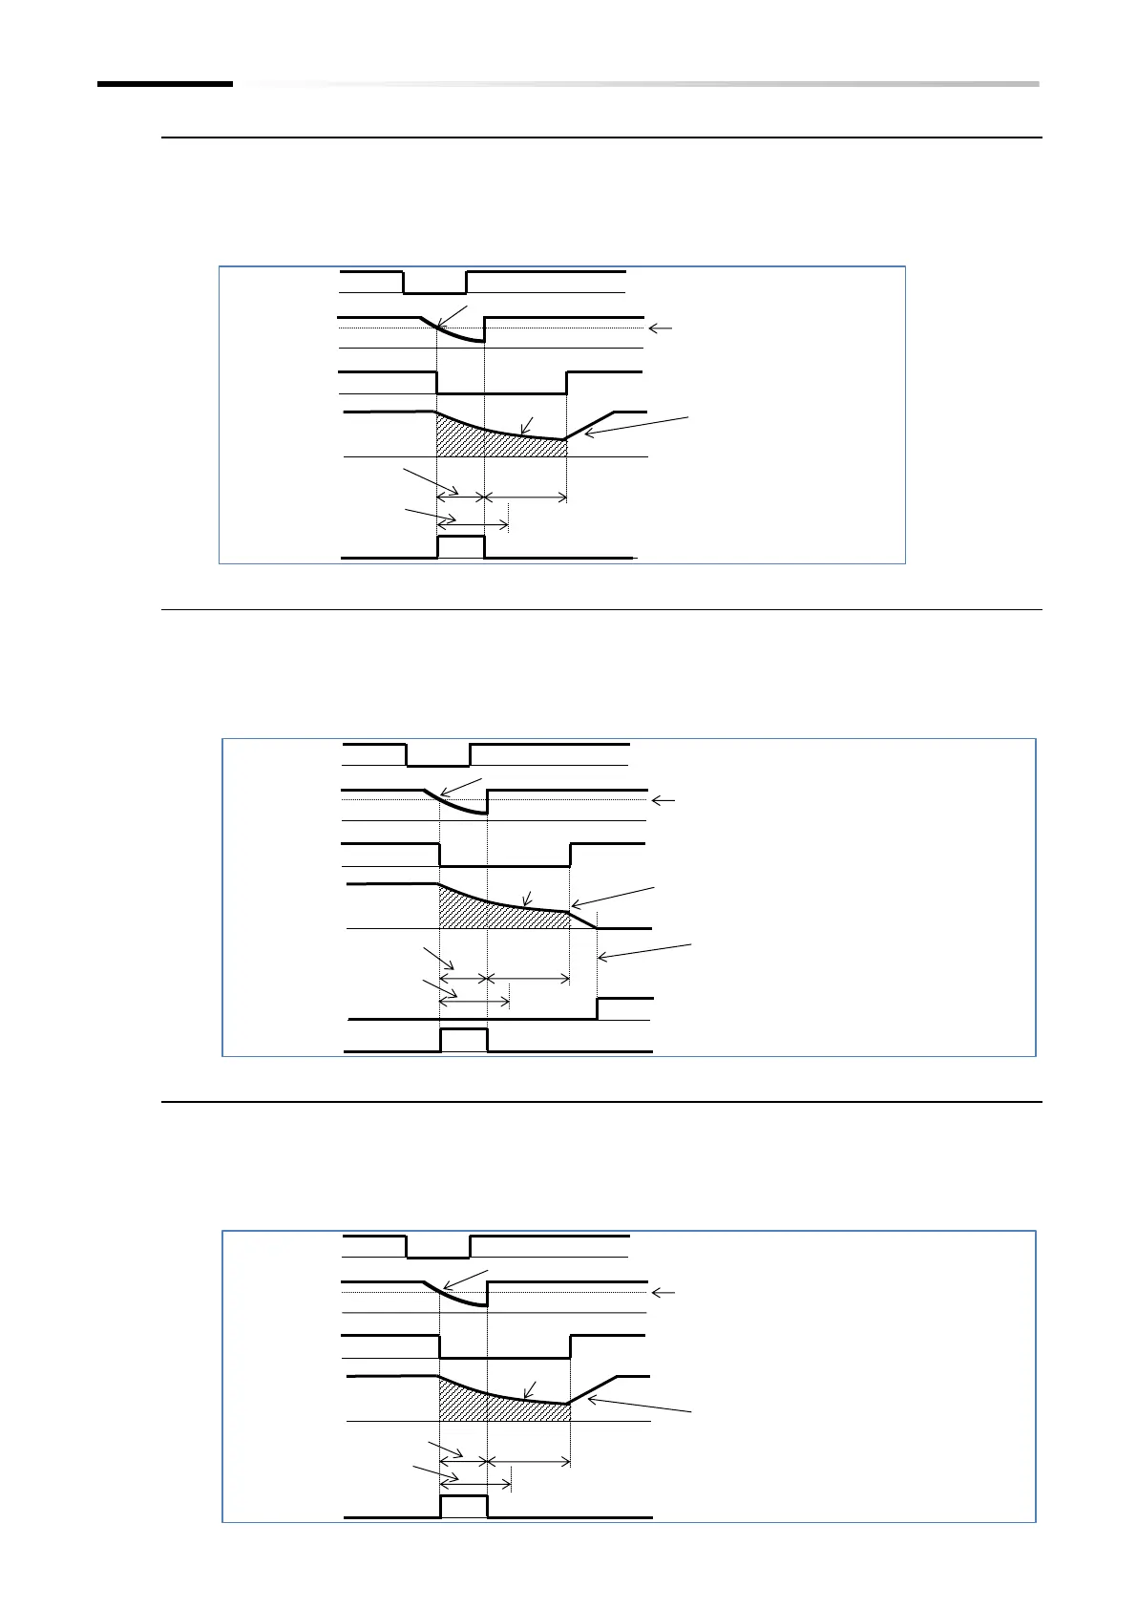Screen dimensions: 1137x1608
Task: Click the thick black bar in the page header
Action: (x=164, y=84)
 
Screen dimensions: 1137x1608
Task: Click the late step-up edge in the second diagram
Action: (x=598, y=1008)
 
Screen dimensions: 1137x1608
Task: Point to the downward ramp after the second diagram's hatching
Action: (x=583, y=920)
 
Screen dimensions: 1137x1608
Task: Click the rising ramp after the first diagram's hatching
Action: (x=589, y=426)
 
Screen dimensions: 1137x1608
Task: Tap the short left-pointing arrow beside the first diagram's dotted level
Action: (x=661, y=328)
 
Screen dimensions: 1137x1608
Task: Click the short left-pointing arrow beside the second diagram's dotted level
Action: (x=663, y=800)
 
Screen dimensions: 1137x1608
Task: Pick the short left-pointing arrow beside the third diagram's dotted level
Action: (x=663, y=1293)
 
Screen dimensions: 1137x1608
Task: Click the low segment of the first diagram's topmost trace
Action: (x=434, y=294)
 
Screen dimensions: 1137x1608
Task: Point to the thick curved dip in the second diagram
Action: (x=458, y=804)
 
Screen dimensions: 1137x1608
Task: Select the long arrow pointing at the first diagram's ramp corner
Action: (x=636, y=426)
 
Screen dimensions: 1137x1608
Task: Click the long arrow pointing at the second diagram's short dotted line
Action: (x=645, y=951)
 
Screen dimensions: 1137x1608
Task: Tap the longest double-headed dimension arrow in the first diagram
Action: (x=525, y=497)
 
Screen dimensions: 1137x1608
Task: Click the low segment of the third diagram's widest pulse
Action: (x=504, y=1358)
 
